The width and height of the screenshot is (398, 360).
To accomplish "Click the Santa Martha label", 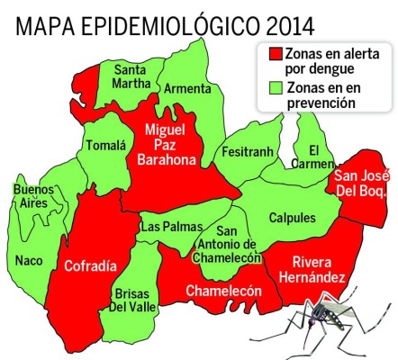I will (x=131, y=78).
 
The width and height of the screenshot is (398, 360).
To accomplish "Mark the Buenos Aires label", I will (x=34, y=196).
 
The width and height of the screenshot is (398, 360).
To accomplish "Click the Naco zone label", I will (x=29, y=261).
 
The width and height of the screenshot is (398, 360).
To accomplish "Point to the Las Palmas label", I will (x=165, y=227).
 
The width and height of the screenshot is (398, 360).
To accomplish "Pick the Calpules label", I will (x=293, y=219).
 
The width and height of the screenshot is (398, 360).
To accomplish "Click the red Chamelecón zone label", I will (x=222, y=291).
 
